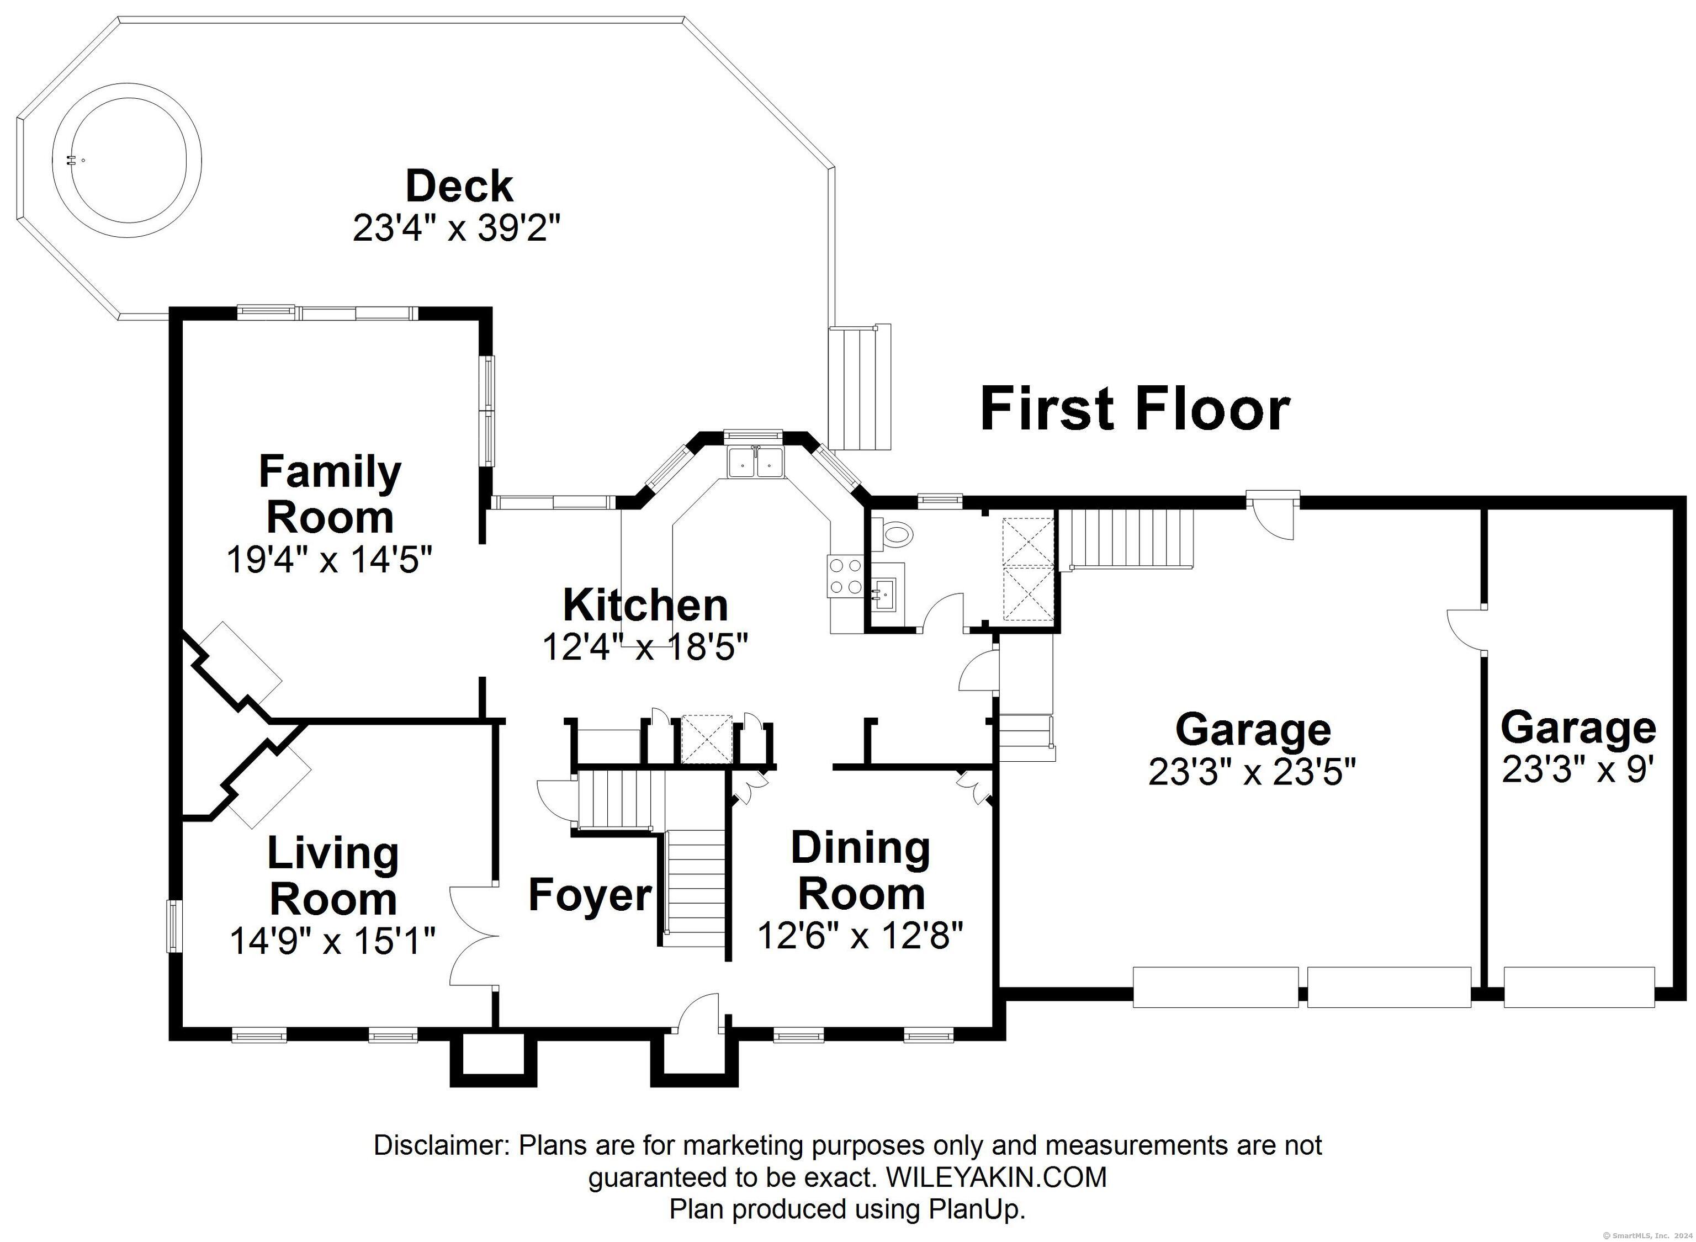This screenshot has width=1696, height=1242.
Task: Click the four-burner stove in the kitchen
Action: click(846, 577)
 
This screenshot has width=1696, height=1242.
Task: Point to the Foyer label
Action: click(590, 895)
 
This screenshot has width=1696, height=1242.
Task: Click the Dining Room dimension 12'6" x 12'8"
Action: click(860, 935)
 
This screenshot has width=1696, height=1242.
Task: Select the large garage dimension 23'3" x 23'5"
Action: click(1252, 771)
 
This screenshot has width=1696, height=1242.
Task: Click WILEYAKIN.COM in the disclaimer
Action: click(996, 1177)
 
